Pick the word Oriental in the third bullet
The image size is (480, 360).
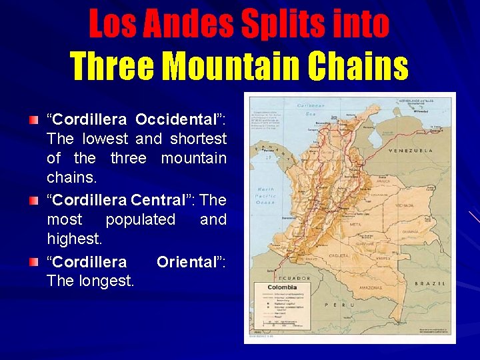(189, 261)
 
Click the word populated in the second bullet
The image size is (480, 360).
(141, 219)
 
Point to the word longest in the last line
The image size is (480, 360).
(107, 281)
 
